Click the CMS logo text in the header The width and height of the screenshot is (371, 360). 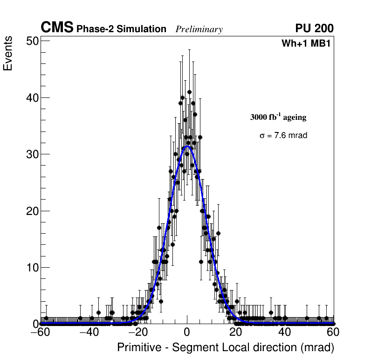[x=57, y=28]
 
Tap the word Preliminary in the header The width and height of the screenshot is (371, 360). [x=199, y=29]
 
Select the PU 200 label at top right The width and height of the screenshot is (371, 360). [x=315, y=28]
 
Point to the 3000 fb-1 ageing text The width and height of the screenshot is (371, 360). [x=278, y=117]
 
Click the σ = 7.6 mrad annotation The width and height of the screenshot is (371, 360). [x=283, y=136]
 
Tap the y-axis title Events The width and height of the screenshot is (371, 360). [x=8, y=55]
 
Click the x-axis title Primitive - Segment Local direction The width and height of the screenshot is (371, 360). [x=226, y=348]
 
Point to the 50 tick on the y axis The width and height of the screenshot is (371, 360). [x=32, y=41]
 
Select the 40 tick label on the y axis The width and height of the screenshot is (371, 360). [x=32, y=98]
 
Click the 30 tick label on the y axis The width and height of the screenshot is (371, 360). [x=32, y=154]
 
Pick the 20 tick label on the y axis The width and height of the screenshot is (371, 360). [x=32, y=211]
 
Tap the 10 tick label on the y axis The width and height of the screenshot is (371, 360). [x=32, y=268]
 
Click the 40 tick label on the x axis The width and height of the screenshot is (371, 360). [x=284, y=332]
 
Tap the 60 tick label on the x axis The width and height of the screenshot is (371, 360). [x=333, y=332]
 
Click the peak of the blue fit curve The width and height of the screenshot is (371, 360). [x=187, y=146]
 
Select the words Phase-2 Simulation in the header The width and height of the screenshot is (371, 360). [x=121, y=29]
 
